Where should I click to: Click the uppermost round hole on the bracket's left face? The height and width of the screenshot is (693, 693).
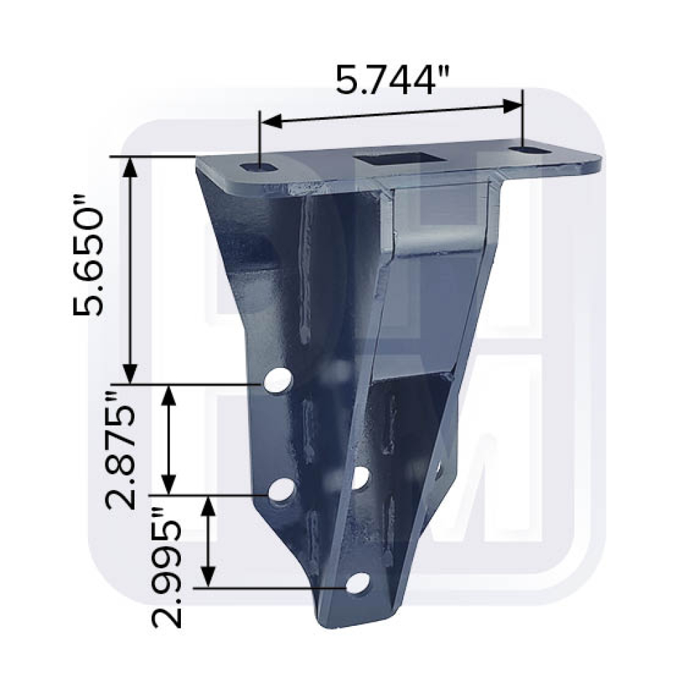click(279, 380)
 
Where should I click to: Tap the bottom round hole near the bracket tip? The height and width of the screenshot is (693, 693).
click(358, 584)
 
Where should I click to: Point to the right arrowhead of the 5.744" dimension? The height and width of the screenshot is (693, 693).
click(512, 106)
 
